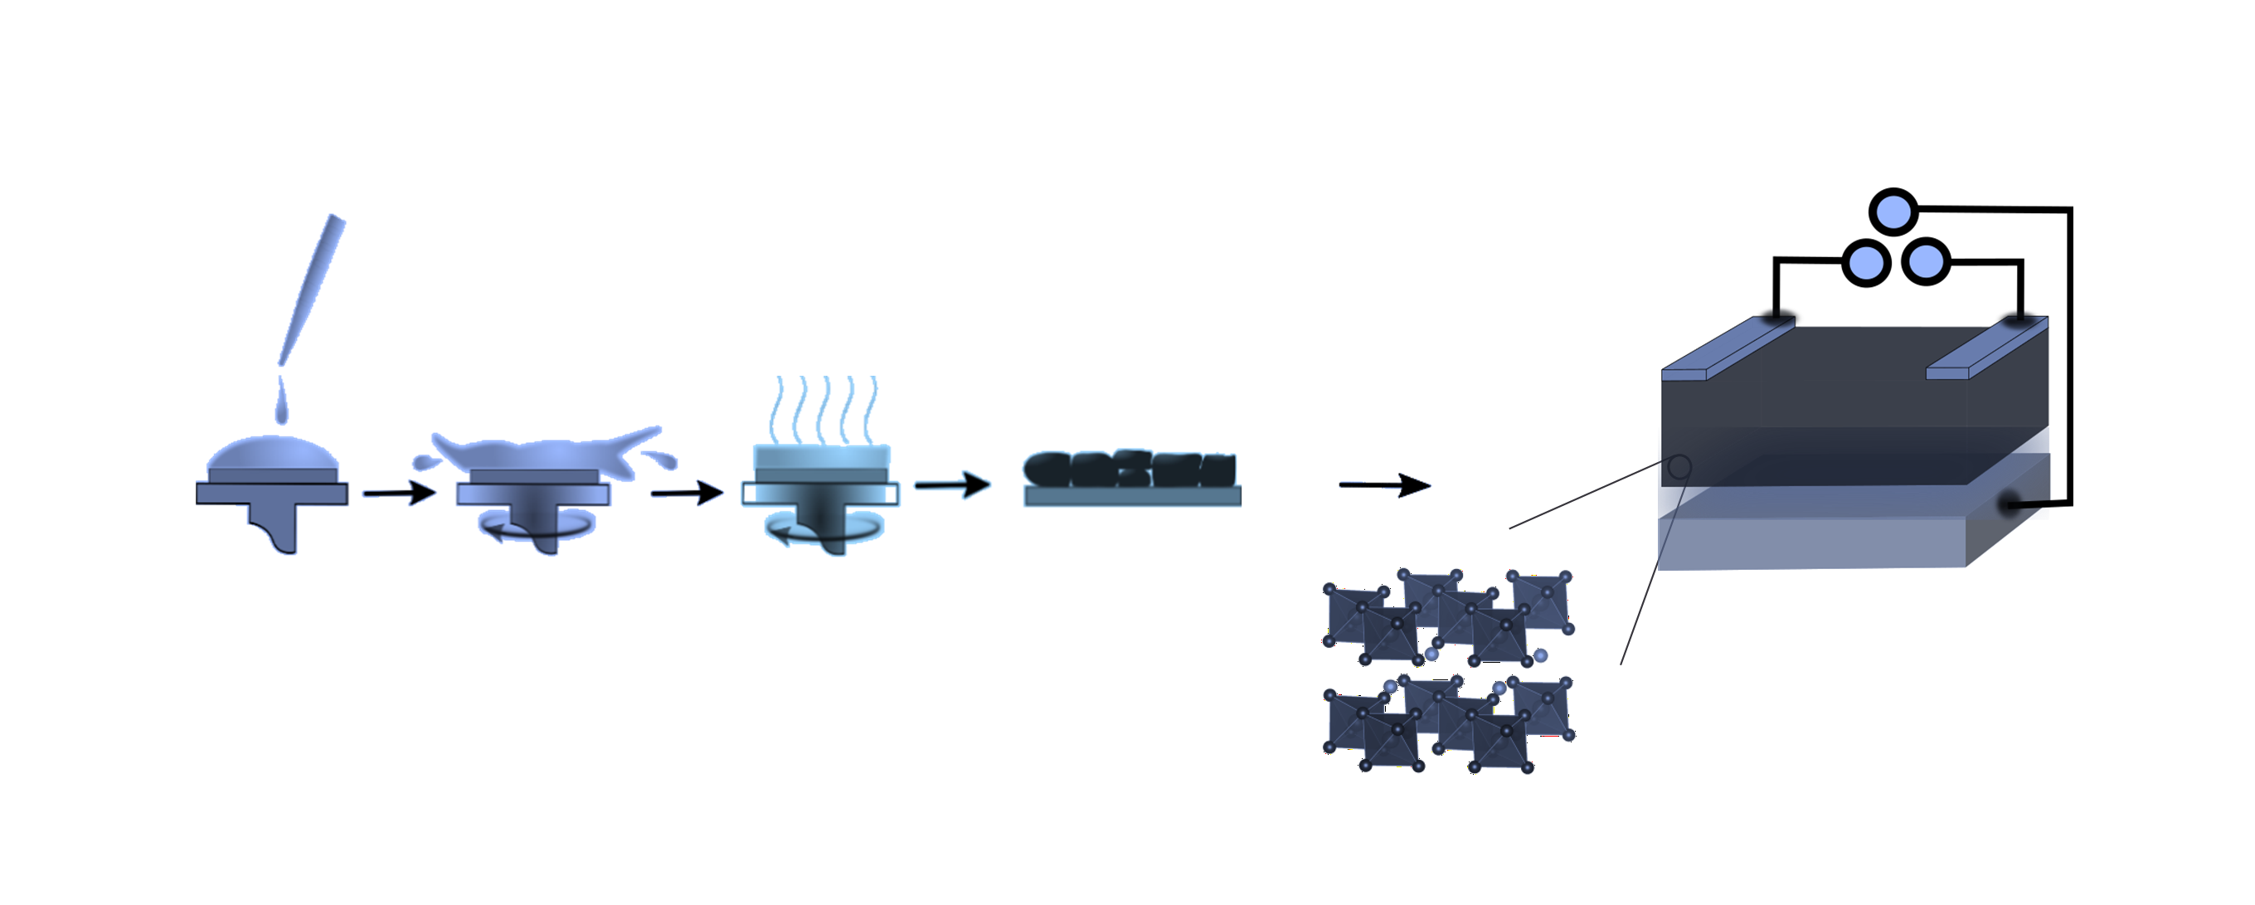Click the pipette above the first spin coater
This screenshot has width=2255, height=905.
point(313,289)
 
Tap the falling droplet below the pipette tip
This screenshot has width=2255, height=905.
point(282,403)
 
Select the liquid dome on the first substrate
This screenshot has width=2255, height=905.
point(272,454)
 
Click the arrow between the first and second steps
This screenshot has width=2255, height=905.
point(399,493)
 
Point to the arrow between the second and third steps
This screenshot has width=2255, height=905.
point(688,494)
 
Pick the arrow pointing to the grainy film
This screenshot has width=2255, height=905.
point(952,485)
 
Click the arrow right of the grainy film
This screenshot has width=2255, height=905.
point(1385,485)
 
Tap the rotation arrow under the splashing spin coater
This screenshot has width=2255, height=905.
point(536,527)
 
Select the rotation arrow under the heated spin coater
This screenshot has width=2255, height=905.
point(823,529)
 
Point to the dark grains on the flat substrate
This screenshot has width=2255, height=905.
point(1130,470)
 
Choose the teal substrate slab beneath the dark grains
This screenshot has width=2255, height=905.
point(1133,497)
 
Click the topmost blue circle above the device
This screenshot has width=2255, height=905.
point(1893,212)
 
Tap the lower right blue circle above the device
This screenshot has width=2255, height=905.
point(1926,260)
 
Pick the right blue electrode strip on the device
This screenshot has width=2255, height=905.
point(1987,348)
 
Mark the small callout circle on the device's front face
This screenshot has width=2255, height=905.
point(1679,467)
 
